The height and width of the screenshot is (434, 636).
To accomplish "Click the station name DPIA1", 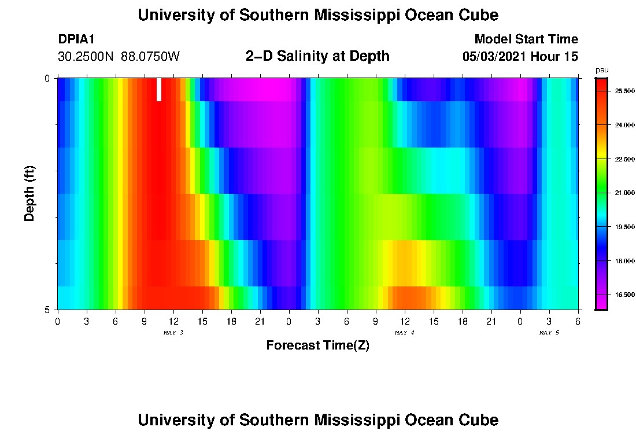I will coord(76,39).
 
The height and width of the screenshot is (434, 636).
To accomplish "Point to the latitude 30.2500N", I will coord(87,57).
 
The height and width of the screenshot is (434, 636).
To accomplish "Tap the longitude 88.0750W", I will coord(150,57).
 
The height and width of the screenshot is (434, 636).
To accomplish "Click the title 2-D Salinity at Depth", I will coord(317,56).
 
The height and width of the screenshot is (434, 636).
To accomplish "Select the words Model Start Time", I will coord(526,39).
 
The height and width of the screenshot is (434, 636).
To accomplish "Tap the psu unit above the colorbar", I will coord(602,70).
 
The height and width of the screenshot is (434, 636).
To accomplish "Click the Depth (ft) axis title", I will coord(30,193).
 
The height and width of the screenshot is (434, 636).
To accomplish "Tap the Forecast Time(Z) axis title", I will coord(317,345).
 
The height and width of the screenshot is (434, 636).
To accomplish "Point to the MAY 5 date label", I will coord(549,333).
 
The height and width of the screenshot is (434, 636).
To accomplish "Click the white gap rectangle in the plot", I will coord(159,90).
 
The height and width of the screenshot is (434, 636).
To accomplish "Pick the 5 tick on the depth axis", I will coord(47,310).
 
